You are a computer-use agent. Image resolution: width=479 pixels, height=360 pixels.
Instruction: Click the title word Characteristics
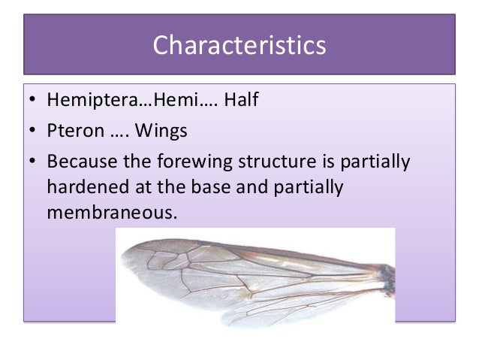(x=239, y=45)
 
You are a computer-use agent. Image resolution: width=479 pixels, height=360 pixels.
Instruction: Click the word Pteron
(x=73, y=132)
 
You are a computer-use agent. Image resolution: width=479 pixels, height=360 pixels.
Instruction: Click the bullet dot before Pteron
(x=32, y=133)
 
